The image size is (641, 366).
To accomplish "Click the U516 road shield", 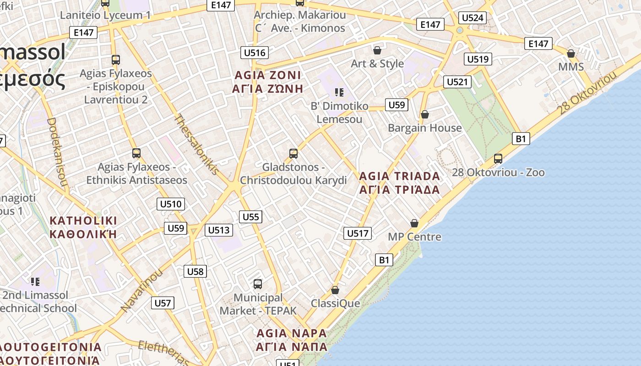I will point(255,53).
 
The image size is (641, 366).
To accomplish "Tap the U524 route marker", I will point(473,18).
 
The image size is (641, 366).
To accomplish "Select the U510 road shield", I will point(170,204).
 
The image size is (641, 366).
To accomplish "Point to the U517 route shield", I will point(358,233).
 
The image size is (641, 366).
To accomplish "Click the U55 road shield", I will point(250,217).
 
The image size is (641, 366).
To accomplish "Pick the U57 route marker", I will point(163,303).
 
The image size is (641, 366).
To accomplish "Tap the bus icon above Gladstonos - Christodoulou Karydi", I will point(293,154).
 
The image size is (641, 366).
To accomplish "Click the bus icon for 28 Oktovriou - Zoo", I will point(498,159).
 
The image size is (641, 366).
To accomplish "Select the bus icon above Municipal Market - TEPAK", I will point(258,284).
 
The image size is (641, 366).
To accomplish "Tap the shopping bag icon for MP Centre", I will point(414,223).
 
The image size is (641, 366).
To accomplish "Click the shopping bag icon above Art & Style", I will point(377,50).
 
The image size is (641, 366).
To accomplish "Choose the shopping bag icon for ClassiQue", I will point(335,290).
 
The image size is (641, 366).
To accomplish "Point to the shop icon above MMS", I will point(571,54).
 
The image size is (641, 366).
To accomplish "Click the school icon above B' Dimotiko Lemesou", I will point(339,92).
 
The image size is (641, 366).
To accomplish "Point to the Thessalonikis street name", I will point(196,144).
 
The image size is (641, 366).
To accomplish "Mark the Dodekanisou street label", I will point(57,153).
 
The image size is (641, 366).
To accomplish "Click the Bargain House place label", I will point(424,128).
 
